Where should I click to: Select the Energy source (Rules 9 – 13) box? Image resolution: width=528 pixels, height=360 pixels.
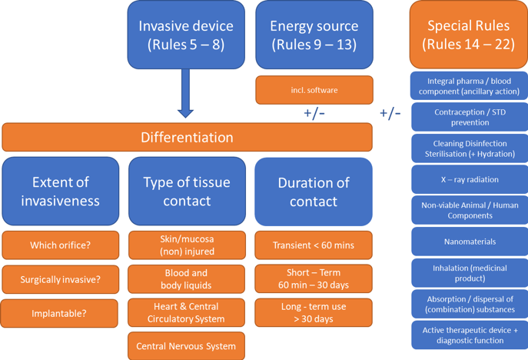[314, 35]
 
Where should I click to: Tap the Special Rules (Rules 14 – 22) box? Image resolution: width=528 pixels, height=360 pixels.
[468, 35]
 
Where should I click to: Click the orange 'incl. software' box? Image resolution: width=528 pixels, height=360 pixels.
[314, 90]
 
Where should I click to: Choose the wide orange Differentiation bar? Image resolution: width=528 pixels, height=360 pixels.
[187, 138]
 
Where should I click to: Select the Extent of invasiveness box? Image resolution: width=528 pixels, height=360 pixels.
[61, 191]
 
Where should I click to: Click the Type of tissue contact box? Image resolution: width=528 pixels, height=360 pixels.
[187, 191]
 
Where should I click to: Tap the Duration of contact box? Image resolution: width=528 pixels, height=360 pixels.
[314, 191]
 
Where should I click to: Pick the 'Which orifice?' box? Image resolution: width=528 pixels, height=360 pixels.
[61, 245]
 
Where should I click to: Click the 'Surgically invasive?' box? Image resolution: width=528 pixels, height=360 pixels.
[61, 280]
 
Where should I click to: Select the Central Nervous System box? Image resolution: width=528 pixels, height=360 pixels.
[187, 346]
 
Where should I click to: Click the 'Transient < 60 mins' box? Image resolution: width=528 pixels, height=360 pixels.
[314, 245]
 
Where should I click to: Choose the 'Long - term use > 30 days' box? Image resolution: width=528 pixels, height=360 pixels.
[314, 312]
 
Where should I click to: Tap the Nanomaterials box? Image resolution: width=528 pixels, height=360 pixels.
[470, 242]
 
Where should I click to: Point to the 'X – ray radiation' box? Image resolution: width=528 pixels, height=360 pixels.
[470, 179]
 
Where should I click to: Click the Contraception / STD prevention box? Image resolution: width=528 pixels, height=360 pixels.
[470, 117]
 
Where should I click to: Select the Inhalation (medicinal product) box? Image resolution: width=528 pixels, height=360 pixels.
[470, 272]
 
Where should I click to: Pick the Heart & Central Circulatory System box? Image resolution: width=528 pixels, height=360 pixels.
[187, 312]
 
